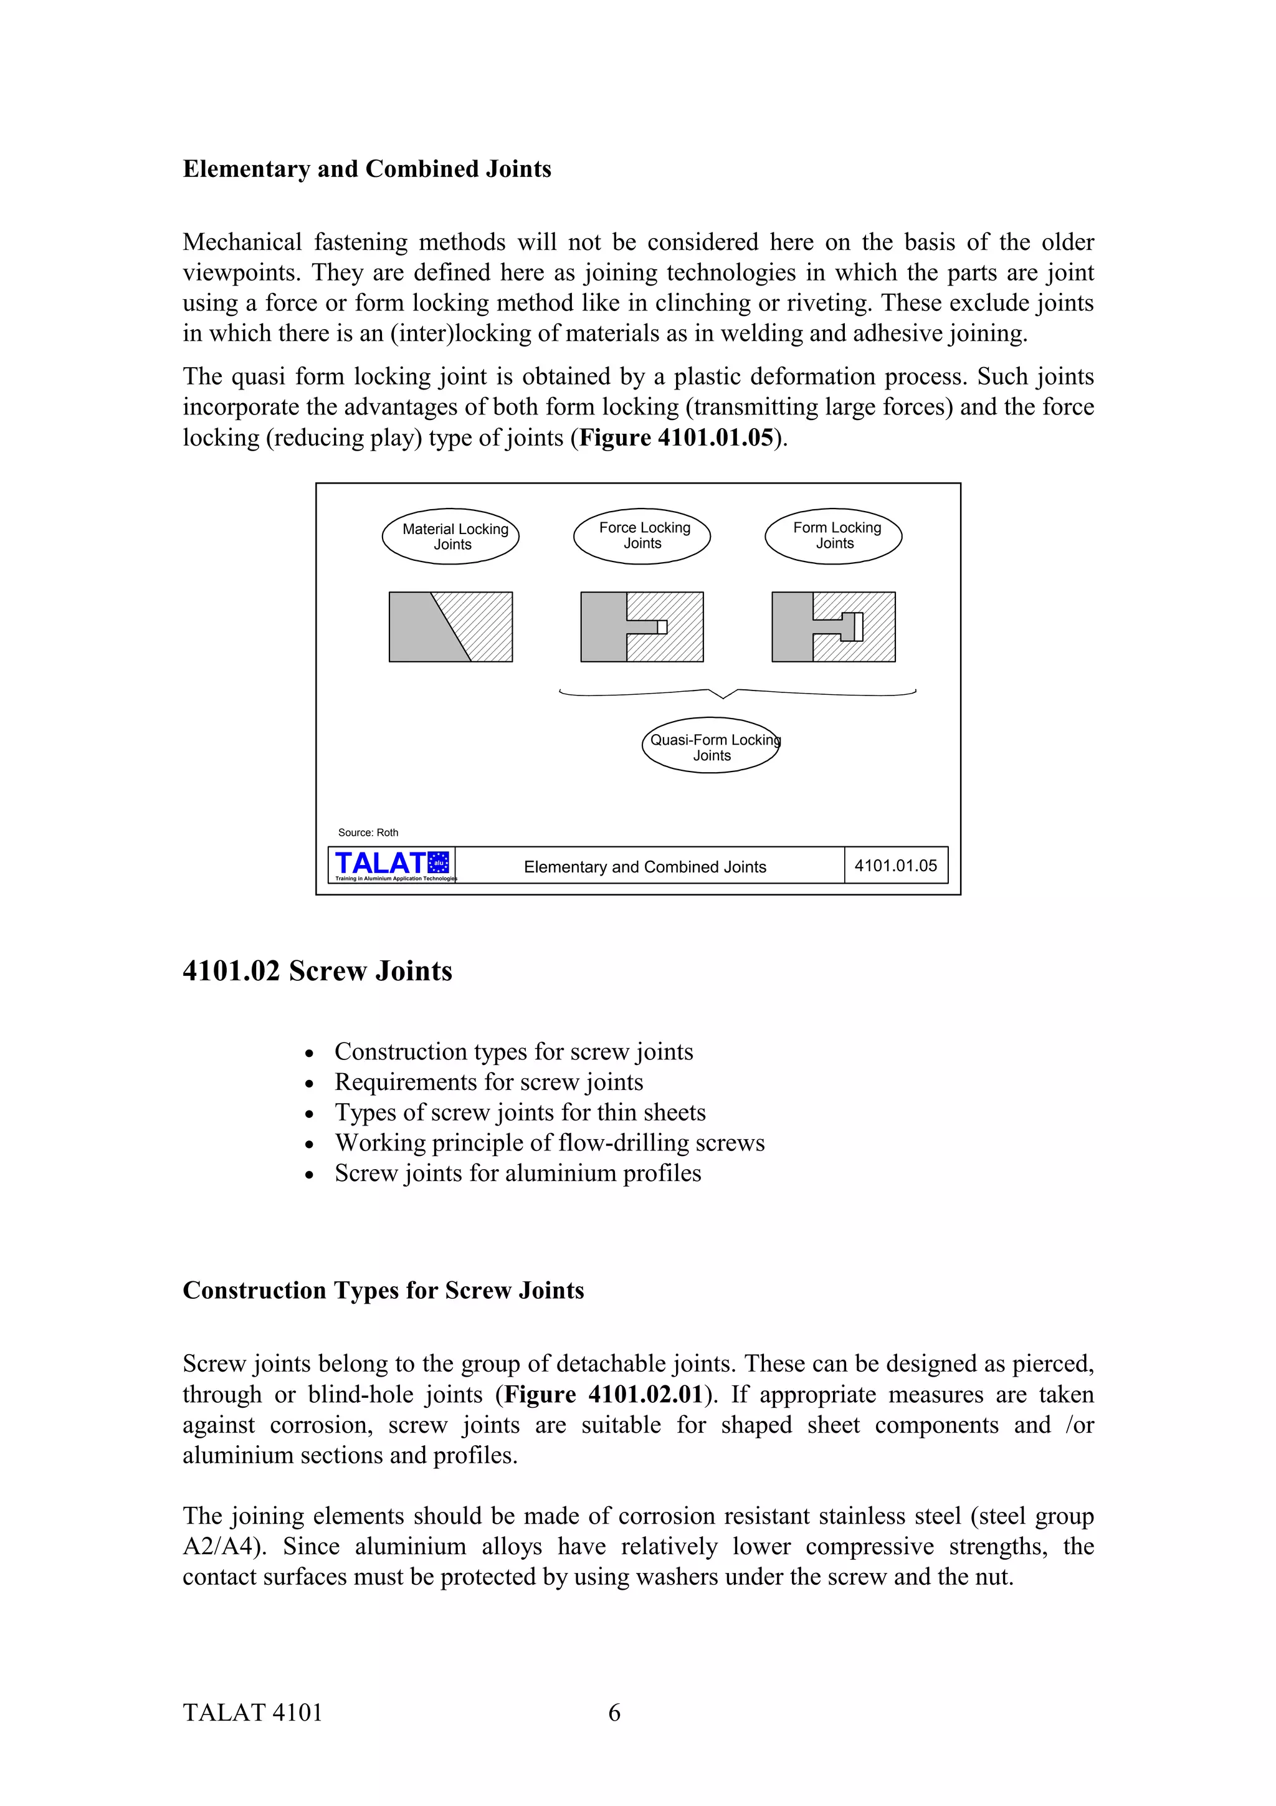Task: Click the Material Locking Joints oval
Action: (450, 537)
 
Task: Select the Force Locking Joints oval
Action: (642, 536)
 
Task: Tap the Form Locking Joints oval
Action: (834, 536)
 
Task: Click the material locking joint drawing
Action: (450, 627)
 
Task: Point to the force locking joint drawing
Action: (642, 627)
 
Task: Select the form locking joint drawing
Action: (834, 627)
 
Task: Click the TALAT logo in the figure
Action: (391, 864)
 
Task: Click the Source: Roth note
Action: (368, 832)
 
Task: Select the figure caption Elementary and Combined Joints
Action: (645, 867)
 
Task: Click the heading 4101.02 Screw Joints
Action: (318, 972)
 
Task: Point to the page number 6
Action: (614, 1713)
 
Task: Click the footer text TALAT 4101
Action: (252, 1713)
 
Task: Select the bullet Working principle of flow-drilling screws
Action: (549, 1142)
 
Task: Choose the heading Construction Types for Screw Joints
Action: (383, 1291)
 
